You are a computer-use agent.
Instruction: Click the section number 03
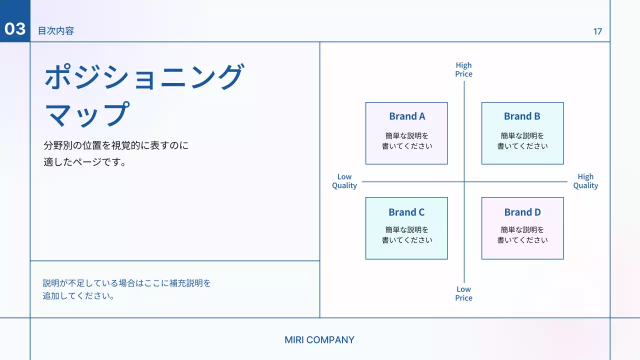click(x=15, y=29)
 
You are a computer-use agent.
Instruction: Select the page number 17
click(x=597, y=31)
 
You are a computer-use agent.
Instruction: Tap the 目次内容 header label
click(x=56, y=31)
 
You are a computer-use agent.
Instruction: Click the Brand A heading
click(x=407, y=116)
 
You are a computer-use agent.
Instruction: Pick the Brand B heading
click(x=522, y=116)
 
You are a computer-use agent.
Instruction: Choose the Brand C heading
click(x=406, y=212)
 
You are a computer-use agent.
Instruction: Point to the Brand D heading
click(x=522, y=212)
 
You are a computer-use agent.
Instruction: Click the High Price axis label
click(x=463, y=69)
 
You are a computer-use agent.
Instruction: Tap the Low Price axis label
click(x=463, y=293)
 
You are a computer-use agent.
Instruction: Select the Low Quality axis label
click(x=344, y=181)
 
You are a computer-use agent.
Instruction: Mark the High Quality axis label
click(x=585, y=181)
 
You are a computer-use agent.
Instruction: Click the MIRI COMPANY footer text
click(x=319, y=340)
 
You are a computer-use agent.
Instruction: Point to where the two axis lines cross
click(x=464, y=182)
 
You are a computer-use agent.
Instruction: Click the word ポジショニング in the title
click(x=144, y=77)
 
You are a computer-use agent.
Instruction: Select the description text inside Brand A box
click(x=407, y=141)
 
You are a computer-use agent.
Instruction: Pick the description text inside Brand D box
click(x=522, y=235)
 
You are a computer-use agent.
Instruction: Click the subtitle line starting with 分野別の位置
click(x=116, y=146)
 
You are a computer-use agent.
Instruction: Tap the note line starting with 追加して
click(x=79, y=296)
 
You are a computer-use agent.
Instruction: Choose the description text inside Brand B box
click(x=522, y=141)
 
